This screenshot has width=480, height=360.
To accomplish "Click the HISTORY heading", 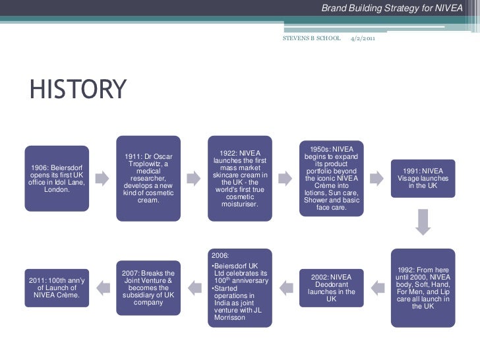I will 77,90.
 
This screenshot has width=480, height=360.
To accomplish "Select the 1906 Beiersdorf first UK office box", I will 57,178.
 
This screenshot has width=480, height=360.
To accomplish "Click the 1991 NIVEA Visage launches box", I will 422,178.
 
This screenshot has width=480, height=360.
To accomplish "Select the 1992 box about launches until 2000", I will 422,287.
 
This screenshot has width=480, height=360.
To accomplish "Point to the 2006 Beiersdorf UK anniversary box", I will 240,287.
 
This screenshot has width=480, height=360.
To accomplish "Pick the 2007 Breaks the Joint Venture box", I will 148,287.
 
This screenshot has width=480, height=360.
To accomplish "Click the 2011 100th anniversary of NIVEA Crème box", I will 57,287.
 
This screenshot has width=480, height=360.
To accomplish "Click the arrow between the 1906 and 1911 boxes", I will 103,178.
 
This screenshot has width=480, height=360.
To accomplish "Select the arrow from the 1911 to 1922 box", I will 194,178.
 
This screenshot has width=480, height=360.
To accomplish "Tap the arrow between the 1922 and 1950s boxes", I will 285,178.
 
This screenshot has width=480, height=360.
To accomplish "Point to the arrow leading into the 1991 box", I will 376,178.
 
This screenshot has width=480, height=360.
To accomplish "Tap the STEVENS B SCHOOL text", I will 311,39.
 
